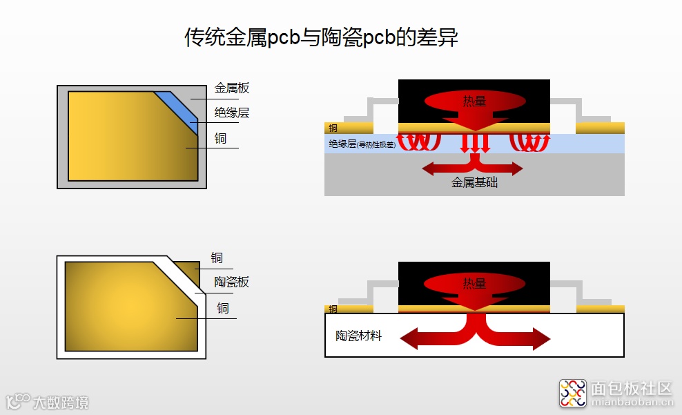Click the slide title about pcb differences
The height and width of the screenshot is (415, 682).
click(x=321, y=37)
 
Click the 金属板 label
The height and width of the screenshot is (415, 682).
click(x=231, y=88)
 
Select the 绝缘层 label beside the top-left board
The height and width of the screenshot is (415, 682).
click(x=231, y=113)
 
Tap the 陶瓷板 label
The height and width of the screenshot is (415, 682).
click(x=231, y=282)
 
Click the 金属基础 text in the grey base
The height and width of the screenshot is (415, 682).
click(x=474, y=183)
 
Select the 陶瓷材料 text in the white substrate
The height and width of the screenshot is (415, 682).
click(x=358, y=336)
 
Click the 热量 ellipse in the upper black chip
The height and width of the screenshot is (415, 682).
click(x=474, y=102)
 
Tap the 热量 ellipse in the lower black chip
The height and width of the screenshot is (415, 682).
click(x=474, y=283)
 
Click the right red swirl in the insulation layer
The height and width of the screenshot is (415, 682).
click(x=529, y=142)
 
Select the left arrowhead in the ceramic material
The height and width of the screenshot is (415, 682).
click(x=410, y=338)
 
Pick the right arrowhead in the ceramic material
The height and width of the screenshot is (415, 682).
click(x=539, y=338)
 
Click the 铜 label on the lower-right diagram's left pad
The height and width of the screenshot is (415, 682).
click(x=333, y=309)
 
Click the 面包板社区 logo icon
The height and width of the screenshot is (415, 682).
click(x=572, y=393)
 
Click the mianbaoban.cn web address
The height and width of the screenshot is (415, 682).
click(x=631, y=402)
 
